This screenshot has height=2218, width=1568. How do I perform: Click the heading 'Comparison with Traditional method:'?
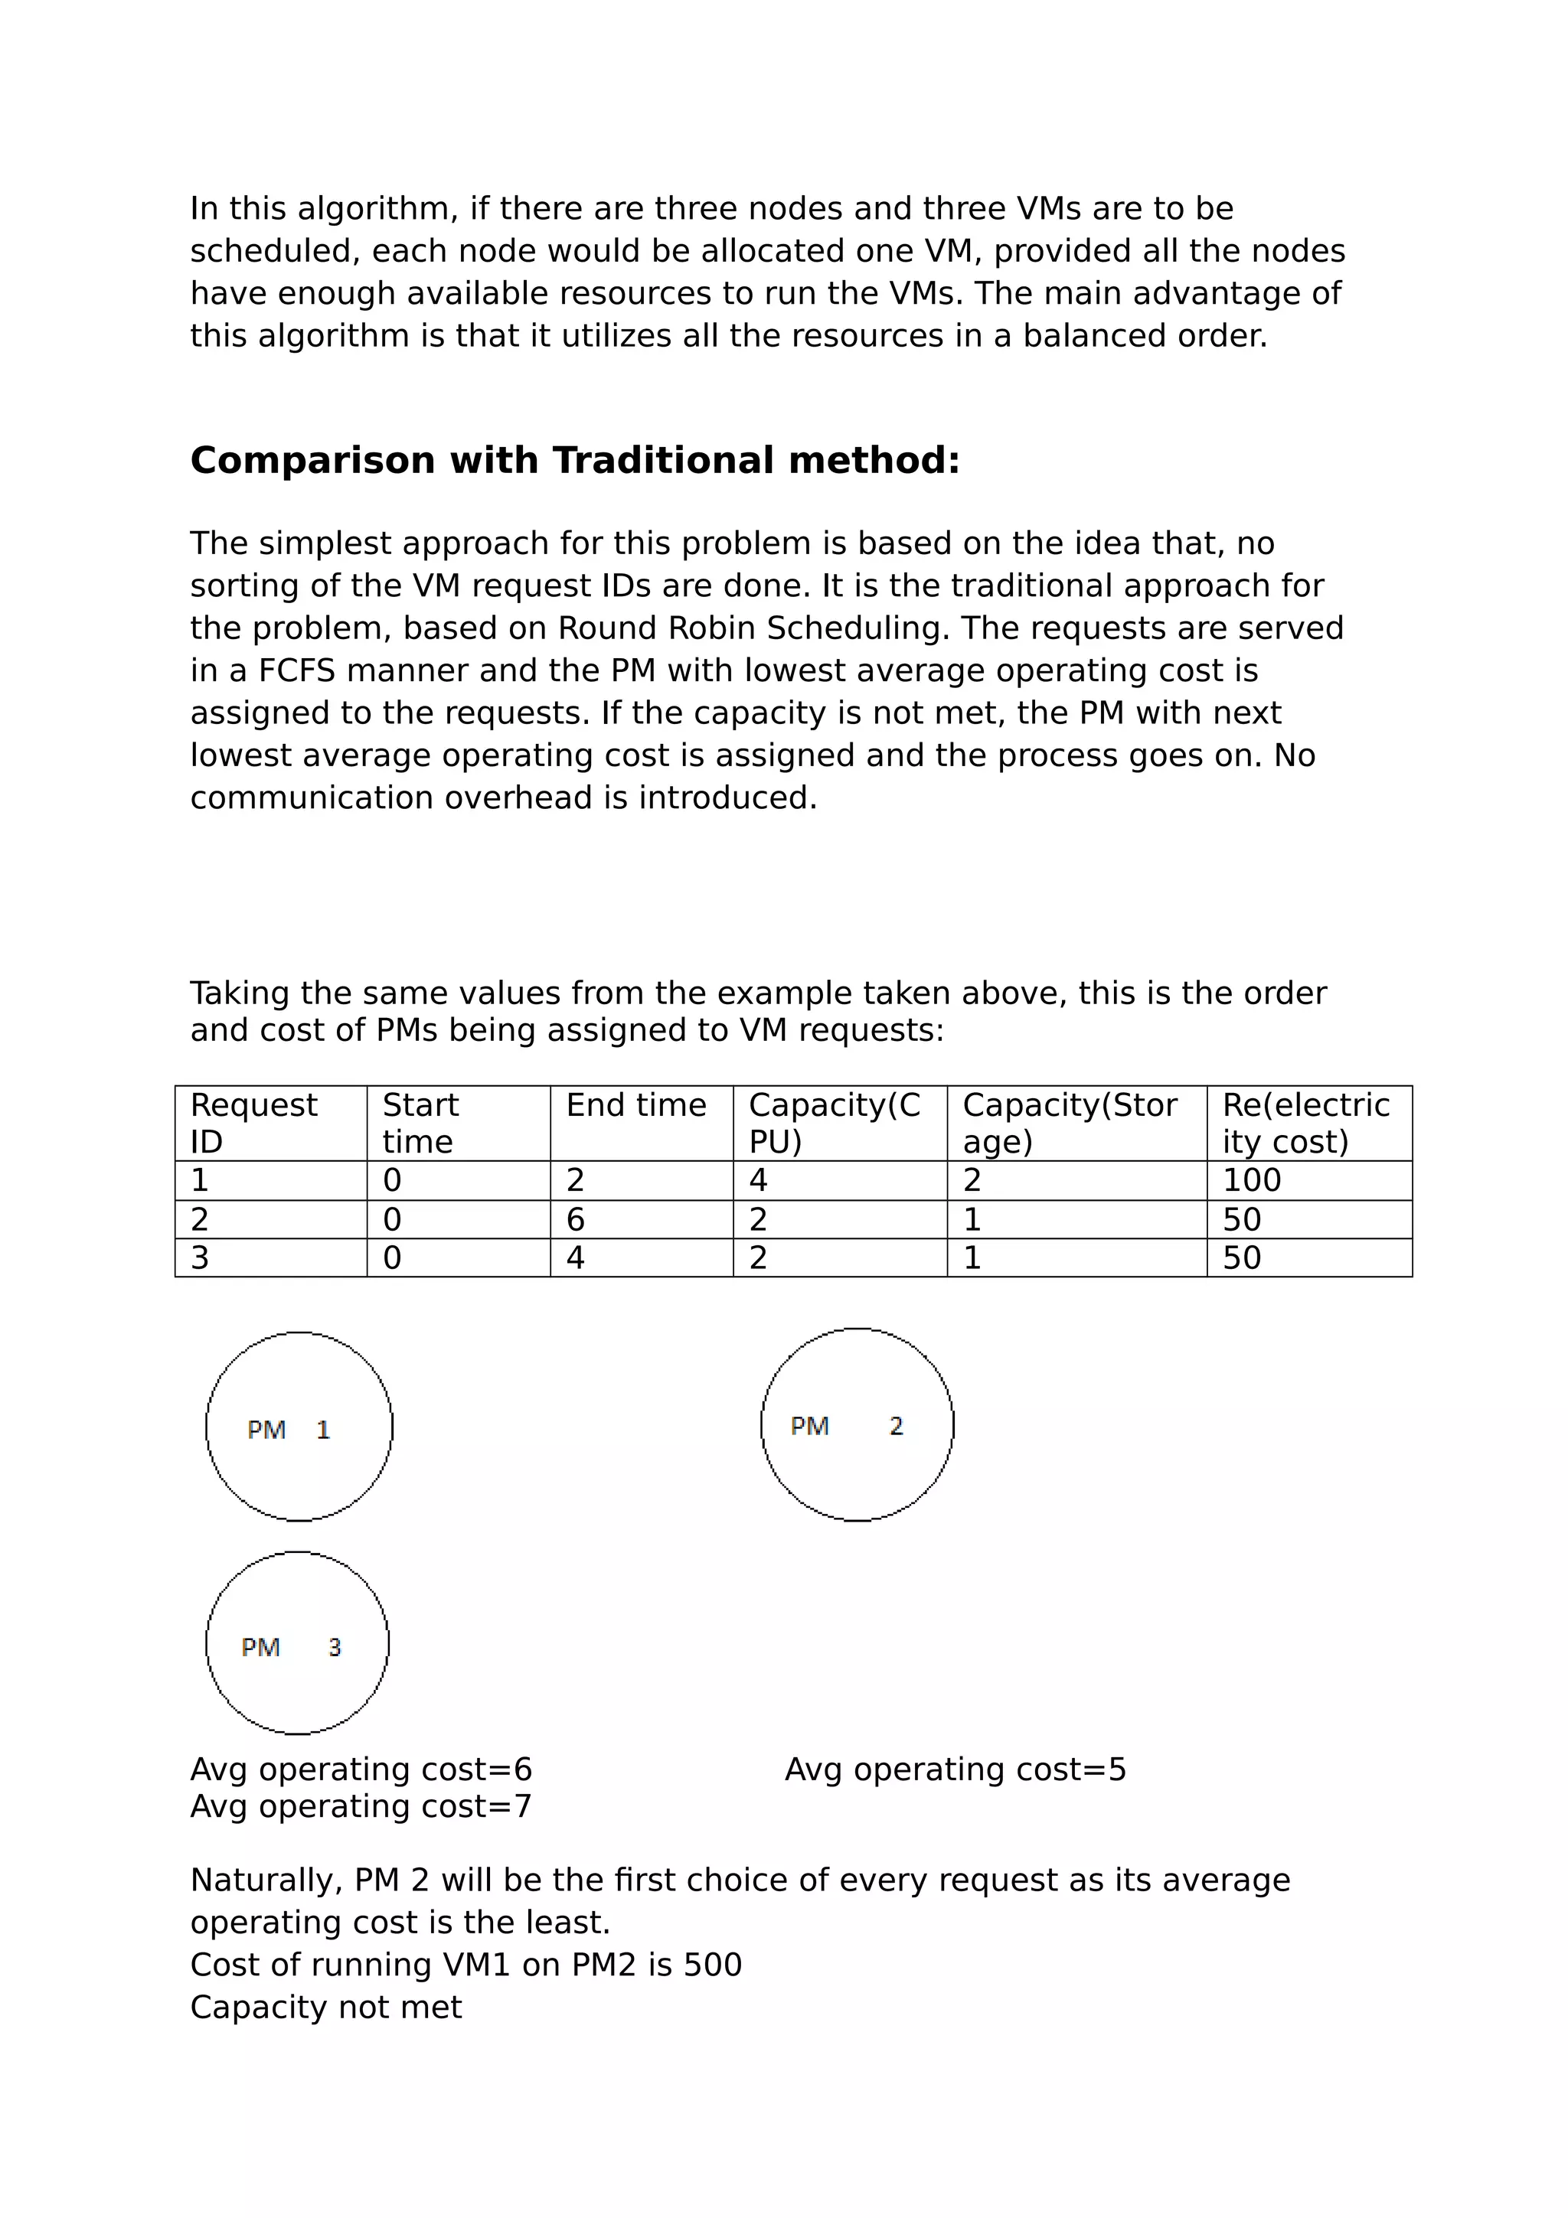(575, 460)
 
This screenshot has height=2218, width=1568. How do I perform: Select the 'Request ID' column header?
(254, 1123)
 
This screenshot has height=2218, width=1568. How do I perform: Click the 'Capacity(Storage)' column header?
(1070, 1123)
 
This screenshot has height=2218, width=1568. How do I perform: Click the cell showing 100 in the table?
(1251, 1180)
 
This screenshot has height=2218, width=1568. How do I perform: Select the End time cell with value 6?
(576, 1220)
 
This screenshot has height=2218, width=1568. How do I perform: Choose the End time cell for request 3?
(576, 1257)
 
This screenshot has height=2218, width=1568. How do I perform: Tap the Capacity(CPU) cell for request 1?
(759, 1180)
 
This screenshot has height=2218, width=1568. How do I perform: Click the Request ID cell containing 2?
(200, 1220)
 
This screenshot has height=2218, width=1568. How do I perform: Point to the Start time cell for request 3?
(392, 1257)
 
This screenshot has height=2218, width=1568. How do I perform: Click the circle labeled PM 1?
(299, 1427)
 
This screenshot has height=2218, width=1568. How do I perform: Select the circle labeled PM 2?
(857, 1425)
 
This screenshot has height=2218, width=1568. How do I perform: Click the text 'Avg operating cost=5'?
(955, 1770)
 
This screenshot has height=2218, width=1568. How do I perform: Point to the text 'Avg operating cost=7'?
(361, 1806)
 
